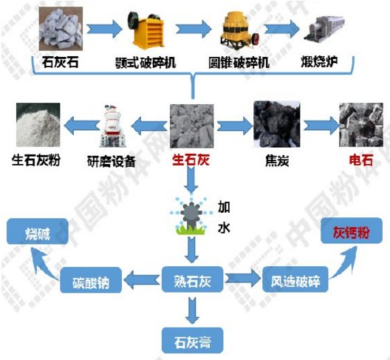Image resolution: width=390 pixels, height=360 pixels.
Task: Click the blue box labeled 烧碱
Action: click(x=40, y=232)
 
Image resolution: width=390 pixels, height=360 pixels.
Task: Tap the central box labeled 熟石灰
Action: click(x=192, y=281)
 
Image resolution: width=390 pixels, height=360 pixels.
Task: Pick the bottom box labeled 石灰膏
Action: click(x=192, y=341)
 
